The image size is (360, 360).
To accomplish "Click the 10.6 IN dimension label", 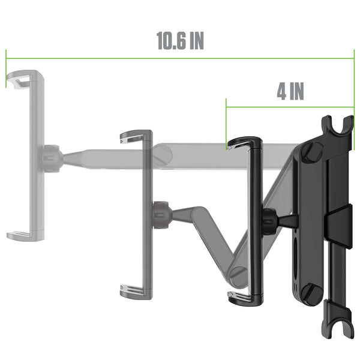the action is (180, 41).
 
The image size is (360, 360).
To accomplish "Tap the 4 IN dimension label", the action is (290, 91).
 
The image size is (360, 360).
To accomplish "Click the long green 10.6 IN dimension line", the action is (180, 58).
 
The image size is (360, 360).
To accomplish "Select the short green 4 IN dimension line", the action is (290, 107).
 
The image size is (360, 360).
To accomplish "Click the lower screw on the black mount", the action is (313, 294).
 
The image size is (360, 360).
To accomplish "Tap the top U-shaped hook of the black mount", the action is (337, 125).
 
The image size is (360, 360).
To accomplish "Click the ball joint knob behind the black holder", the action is (270, 221).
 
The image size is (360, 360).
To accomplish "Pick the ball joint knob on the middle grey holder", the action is (161, 215).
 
